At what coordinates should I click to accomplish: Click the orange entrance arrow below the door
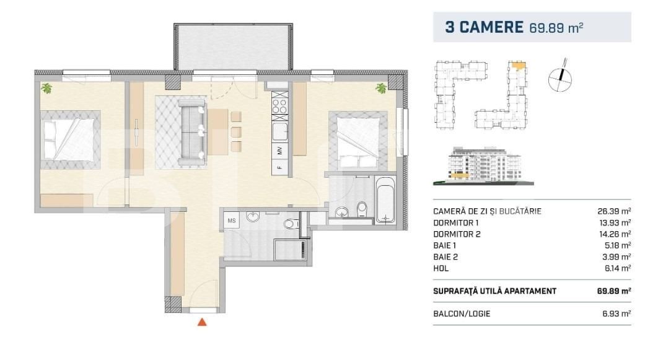pos(202,322)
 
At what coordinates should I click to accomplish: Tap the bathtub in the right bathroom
pos(385,200)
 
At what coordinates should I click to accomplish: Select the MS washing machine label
pos(231,221)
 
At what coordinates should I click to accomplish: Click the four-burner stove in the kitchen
pos(279,106)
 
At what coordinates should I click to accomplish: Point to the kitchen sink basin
pos(279,131)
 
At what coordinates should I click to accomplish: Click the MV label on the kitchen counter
pos(279,150)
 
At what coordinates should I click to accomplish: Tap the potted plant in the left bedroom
pos(46,88)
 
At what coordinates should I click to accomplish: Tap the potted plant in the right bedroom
pos(381,88)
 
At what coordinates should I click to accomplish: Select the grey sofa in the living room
pos(192,132)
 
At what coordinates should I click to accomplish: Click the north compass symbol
pos(560,78)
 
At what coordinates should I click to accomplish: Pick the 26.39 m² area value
pos(614,211)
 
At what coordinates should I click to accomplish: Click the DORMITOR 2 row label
pos(457,234)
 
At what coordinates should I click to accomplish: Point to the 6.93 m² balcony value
pos(617,314)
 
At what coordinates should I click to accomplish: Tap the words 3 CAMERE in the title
pos(484,27)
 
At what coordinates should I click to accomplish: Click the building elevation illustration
pos(483,166)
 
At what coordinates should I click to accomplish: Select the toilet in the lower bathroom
pos(291,223)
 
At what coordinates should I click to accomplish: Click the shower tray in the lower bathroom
pos(291,250)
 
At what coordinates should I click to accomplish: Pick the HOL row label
pos(441,268)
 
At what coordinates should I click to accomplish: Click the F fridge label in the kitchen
pos(279,167)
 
